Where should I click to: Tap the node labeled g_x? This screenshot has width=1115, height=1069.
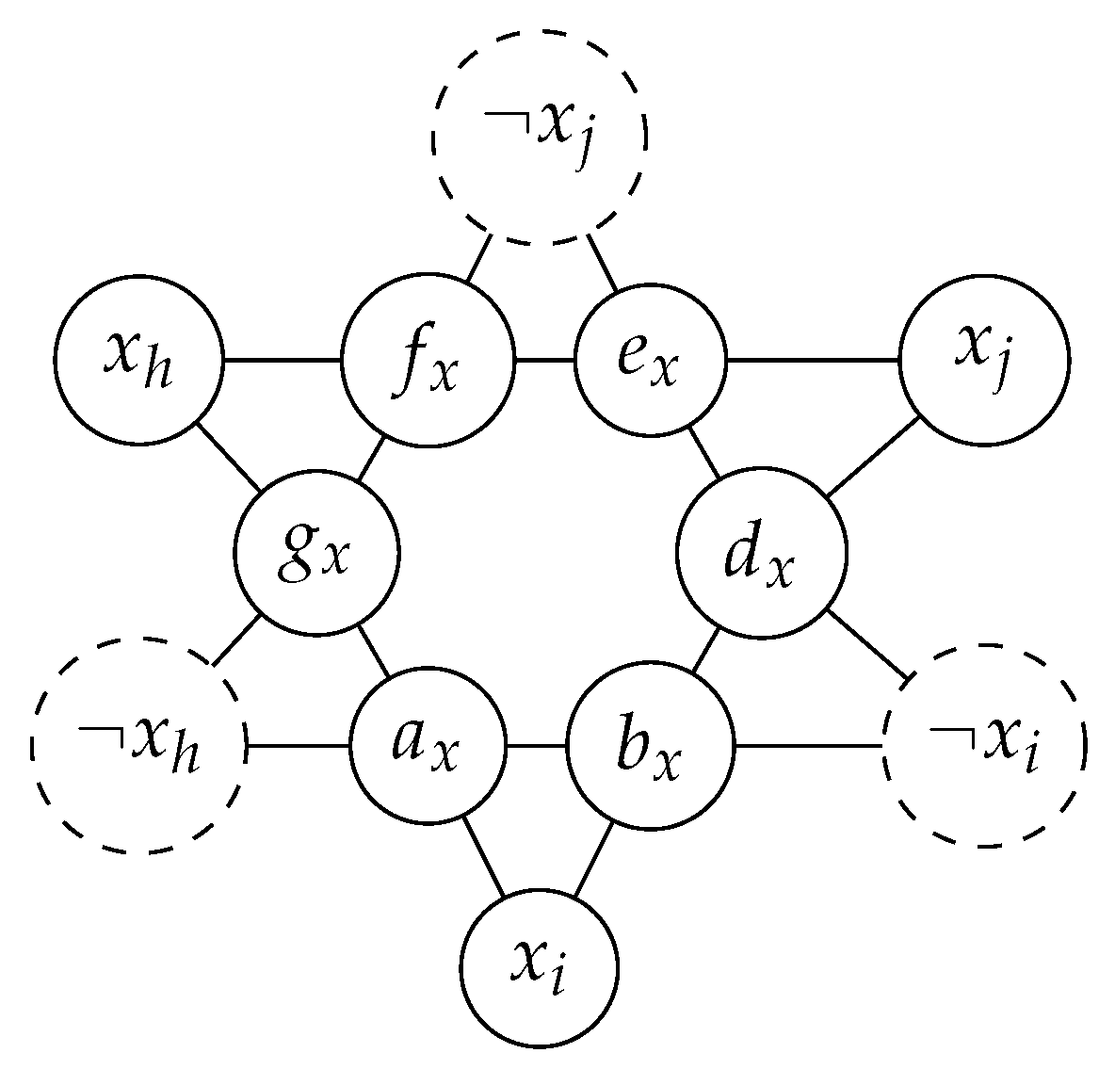pyautogui.click(x=317, y=553)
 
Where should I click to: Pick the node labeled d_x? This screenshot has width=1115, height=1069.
pyautogui.click(x=762, y=553)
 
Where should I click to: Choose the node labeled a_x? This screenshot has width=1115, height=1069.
pyautogui.click(x=429, y=747)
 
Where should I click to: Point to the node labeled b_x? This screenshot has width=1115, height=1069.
pyautogui.click(x=651, y=747)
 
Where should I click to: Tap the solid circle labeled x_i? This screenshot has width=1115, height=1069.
pyautogui.click(x=541, y=967)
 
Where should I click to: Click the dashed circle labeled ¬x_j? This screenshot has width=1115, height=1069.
pyautogui.click(x=540, y=138)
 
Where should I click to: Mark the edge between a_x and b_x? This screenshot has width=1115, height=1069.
pyautogui.click(x=538, y=747)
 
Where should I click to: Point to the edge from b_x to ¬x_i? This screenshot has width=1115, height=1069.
pyautogui.click(x=810, y=747)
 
